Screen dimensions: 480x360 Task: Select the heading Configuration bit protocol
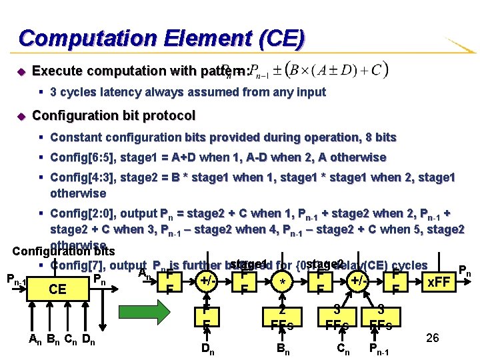[113, 115]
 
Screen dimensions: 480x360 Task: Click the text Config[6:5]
[79, 157]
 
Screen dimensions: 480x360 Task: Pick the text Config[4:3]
[79, 177]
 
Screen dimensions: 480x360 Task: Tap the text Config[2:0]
[79, 213]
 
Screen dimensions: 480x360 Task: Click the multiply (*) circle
[283, 282]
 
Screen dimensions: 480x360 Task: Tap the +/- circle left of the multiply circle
[208, 282]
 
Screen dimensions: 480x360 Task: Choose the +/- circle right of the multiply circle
[359, 282]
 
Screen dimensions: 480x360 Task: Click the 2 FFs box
[283, 319]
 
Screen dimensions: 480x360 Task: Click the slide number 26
[432, 338]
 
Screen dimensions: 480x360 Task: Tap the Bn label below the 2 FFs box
[283, 347]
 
